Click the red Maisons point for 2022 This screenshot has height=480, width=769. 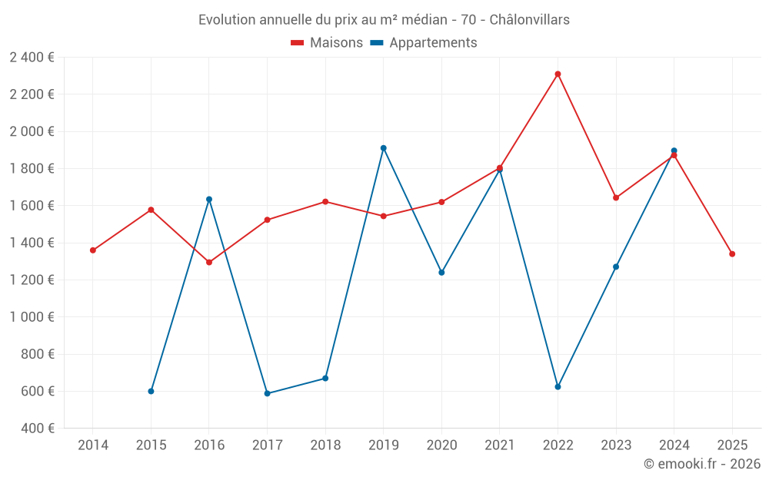[x=558, y=74]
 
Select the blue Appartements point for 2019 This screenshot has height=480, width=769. [x=383, y=147]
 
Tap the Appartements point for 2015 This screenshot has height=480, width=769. [x=151, y=391]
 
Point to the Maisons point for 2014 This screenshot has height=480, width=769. [x=92, y=250]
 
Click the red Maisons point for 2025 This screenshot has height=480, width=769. [x=732, y=253]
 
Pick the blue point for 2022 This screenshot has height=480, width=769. [x=558, y=386]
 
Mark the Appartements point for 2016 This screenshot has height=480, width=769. [x=209, y=199]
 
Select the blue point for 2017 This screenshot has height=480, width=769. [x=267, y=393]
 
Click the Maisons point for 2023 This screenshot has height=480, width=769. [x=616, y=197]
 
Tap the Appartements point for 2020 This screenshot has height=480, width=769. [x=441, y=272]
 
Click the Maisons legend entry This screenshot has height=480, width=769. [x=327, y=42]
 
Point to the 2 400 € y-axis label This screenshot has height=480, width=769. [x=32, y=57]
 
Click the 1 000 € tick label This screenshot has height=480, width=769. [x=32, y=316]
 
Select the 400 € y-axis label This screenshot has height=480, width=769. [x=38, y=428]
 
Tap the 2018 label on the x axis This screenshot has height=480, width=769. [x=325, y=445]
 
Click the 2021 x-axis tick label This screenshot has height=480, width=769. [x=500, y=445]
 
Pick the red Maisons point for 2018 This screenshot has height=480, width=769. [x=325, y=201]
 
